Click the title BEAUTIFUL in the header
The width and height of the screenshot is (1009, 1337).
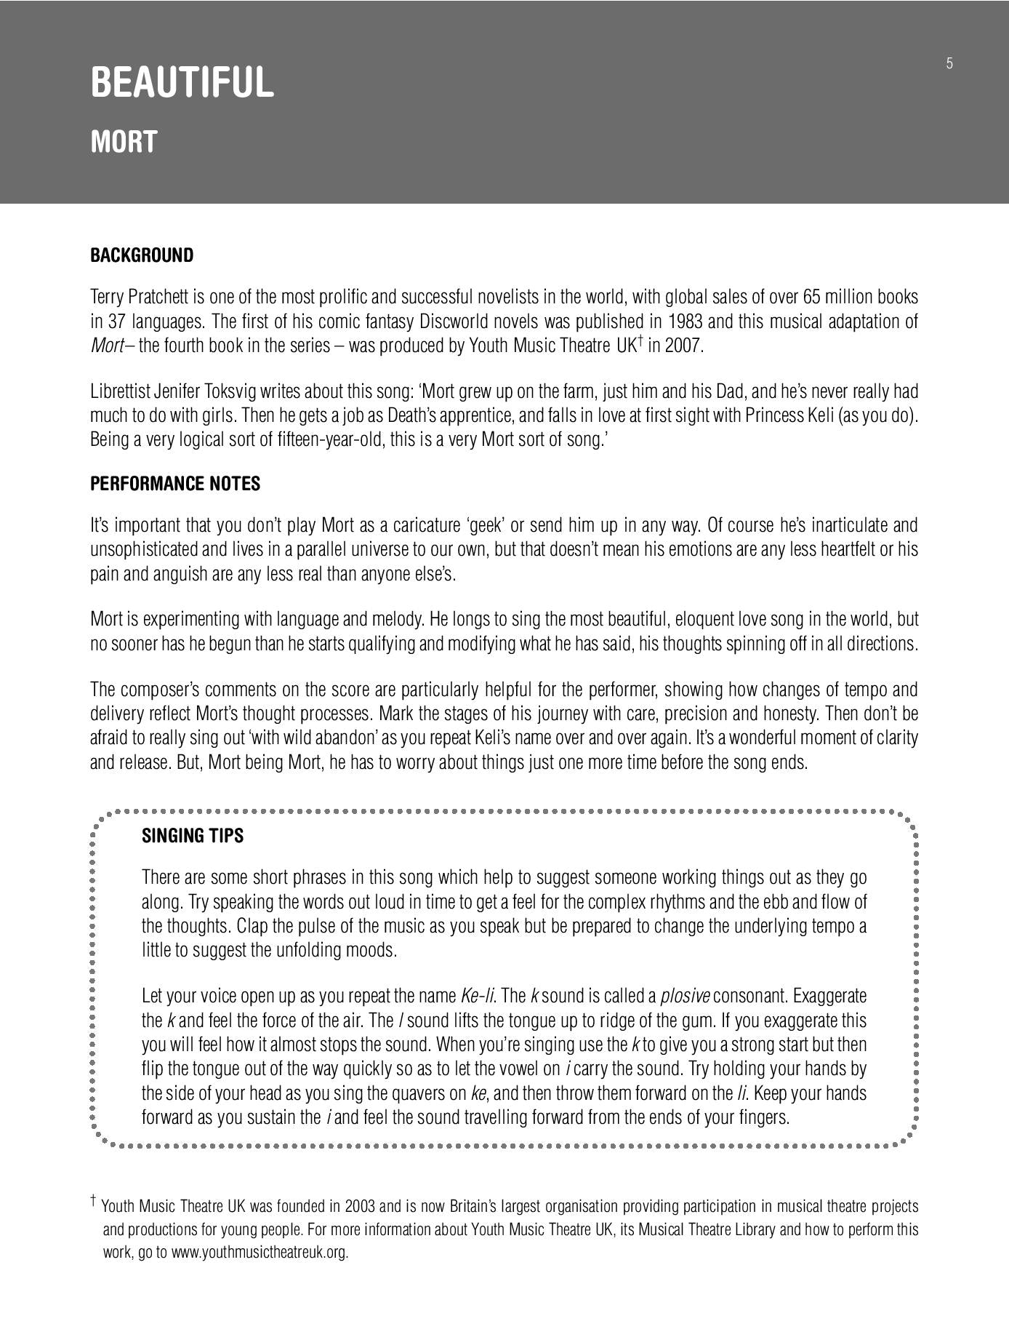[x=182, y=81]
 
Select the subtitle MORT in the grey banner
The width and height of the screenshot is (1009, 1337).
[x=124, y=142]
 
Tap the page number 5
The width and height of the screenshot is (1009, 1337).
[x=949, y=63]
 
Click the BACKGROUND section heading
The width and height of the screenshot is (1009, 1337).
[x=142, y=255]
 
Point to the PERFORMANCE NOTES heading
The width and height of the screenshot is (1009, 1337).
[x=175, y=484]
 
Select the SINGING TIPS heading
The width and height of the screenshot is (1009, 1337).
[x=193, y=836]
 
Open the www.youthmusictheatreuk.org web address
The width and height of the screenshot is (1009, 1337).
[x=260, y=1253]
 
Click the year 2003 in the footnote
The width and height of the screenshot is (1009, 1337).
[x=361, y=1206]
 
